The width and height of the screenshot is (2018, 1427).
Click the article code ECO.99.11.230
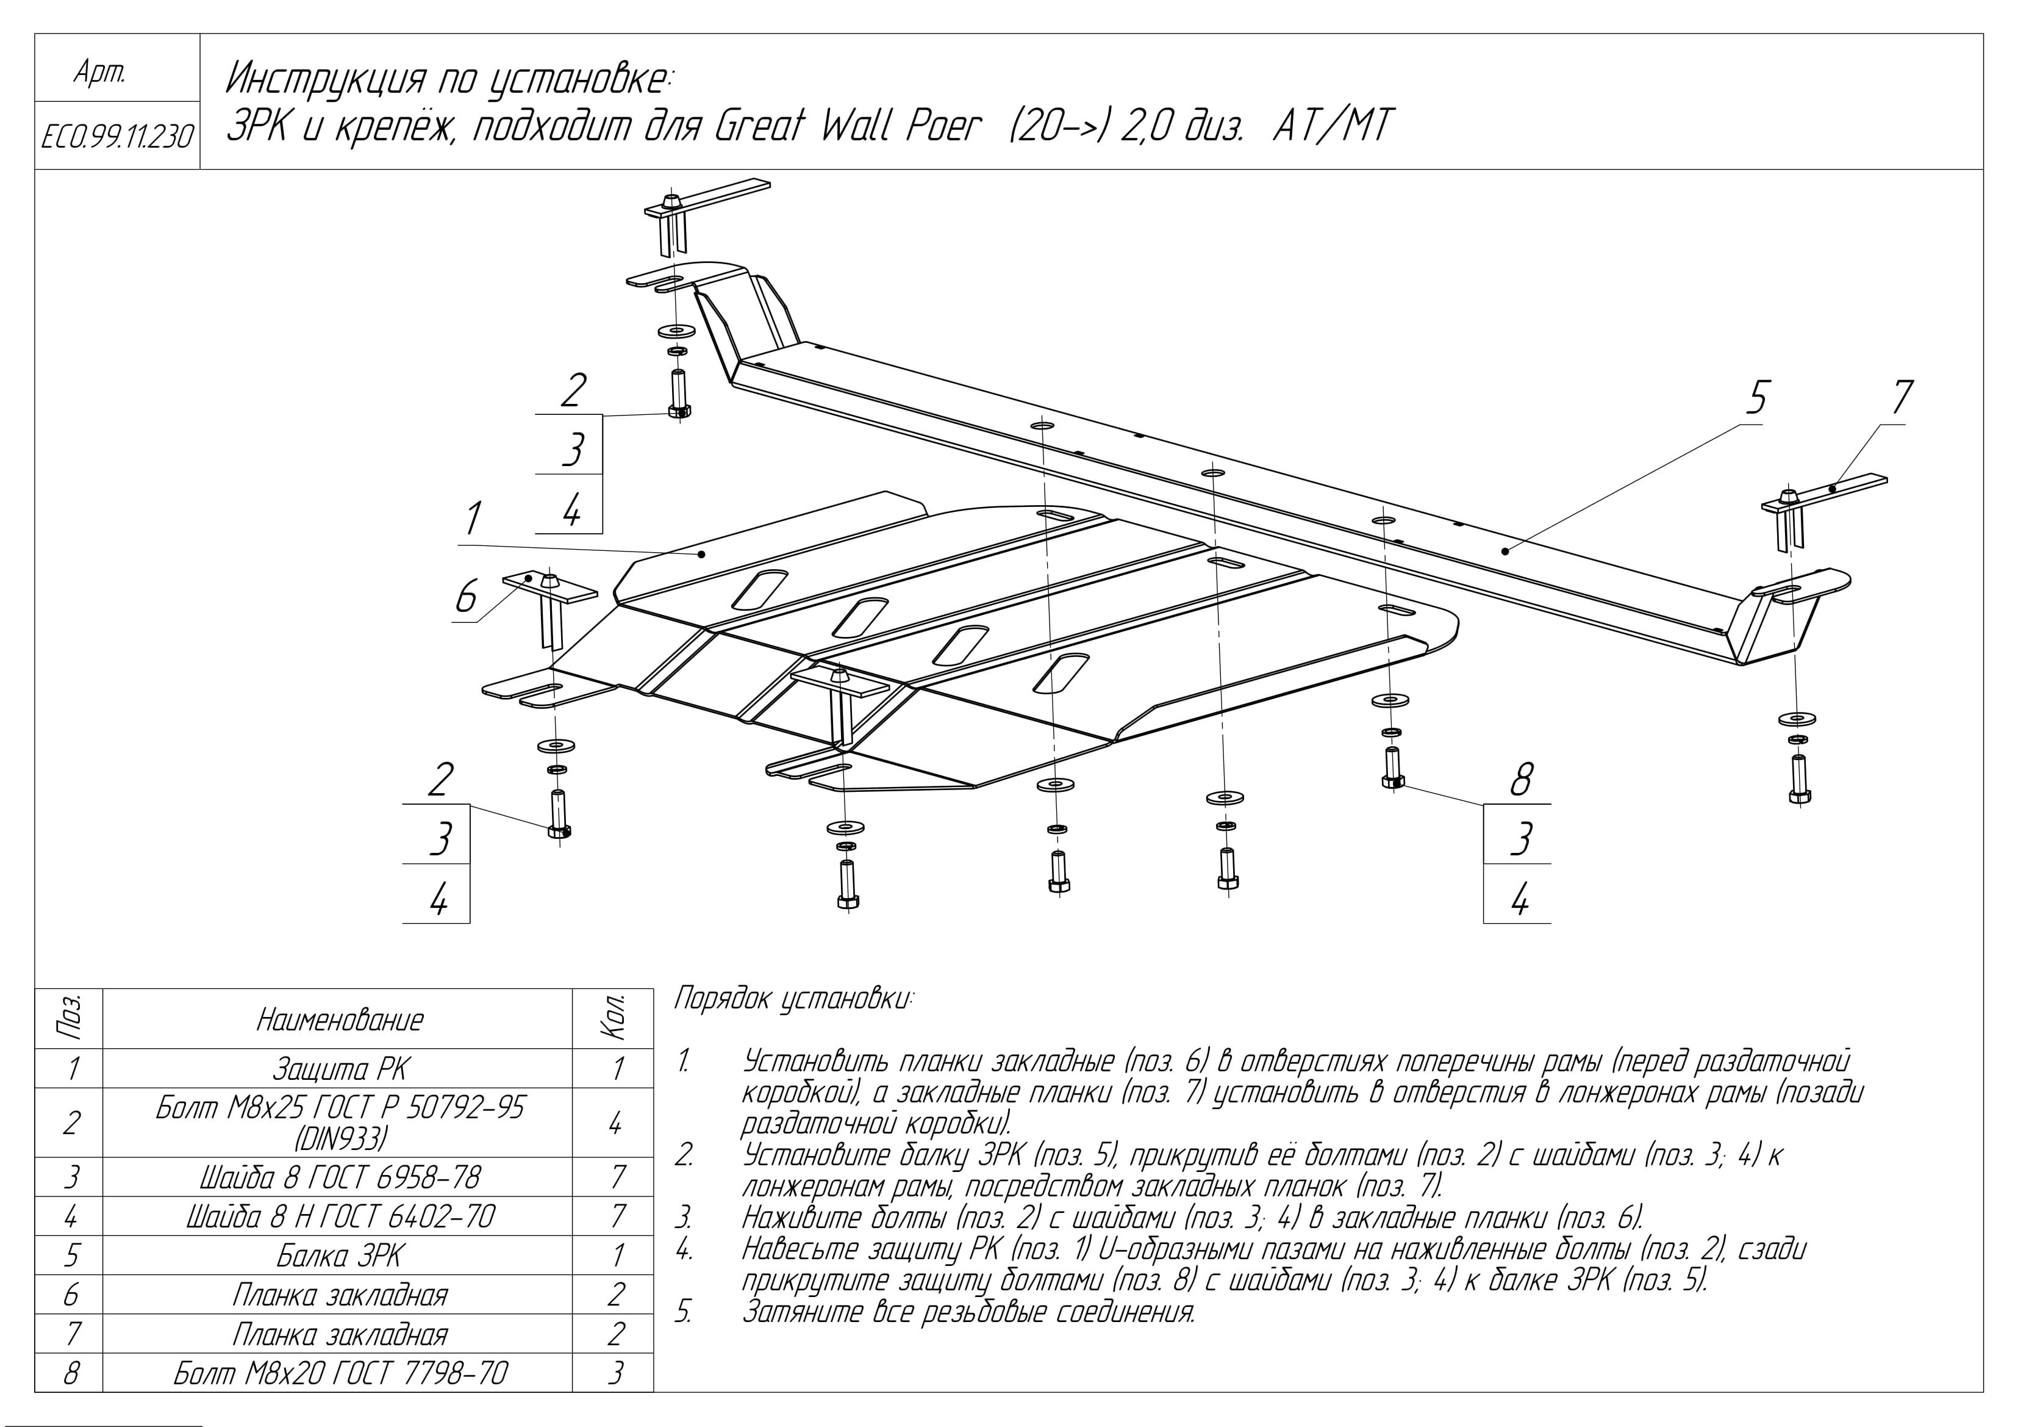[117, 136]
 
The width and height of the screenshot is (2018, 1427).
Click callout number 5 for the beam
[1755, 398]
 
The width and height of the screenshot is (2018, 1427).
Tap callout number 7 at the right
[1900, 398]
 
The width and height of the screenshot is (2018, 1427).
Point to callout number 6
[467, 597]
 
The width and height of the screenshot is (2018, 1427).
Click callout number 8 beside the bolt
[1520, 780]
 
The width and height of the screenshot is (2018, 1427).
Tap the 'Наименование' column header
[339, 1020]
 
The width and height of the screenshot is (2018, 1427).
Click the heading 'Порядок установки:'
[793, 1000]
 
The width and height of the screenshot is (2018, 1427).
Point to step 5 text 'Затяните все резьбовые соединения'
[967, 1313]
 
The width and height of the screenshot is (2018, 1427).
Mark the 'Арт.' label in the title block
[100, 74]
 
